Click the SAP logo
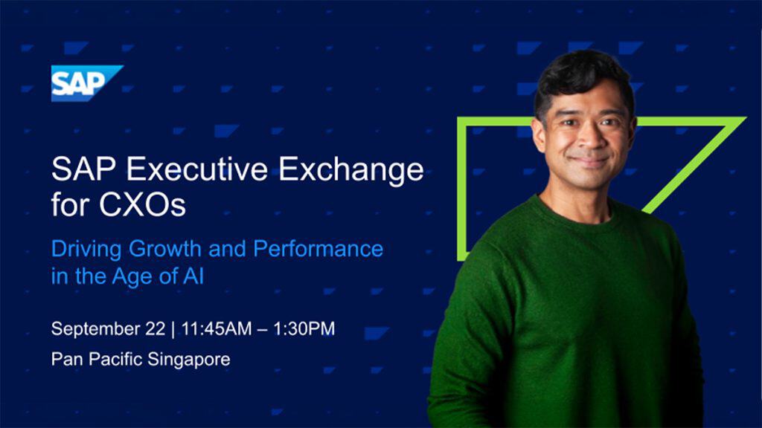[87, 83]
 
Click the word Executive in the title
[196, 169]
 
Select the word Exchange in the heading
[351, 170]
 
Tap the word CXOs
[142, 205]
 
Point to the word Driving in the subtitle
[86, 250]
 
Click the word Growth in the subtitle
[164, 248]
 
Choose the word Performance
[318, 248]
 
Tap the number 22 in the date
[155, 328]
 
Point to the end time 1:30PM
[304, 328]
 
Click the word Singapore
[188, 360]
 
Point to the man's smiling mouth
[589, 160]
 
